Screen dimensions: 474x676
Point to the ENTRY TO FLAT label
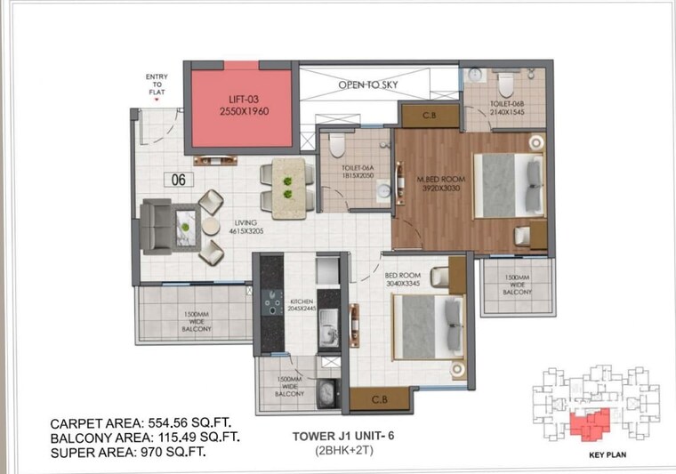157,84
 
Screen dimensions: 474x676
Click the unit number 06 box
179,179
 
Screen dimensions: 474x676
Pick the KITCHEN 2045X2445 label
302,305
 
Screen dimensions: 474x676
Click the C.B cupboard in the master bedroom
427,115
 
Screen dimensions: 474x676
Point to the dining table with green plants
288,188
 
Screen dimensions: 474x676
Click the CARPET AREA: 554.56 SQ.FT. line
133,422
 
